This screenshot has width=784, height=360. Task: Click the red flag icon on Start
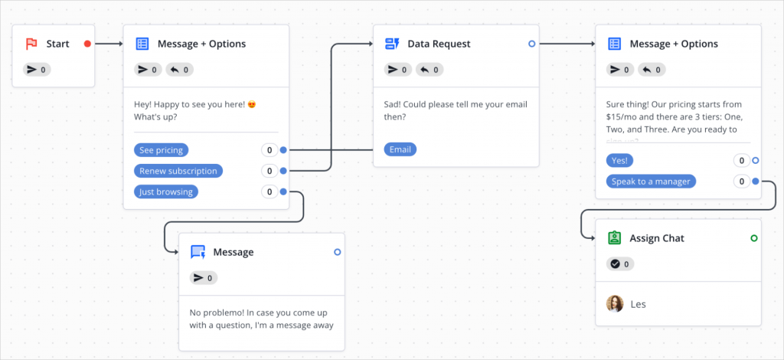(x=31, y=44)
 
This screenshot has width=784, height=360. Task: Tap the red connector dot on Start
(x=87, y=44)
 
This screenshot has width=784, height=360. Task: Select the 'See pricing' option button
(x=162, y=150)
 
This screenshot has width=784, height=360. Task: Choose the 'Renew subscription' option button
(x=178, y=171)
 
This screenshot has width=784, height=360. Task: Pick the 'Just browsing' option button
(x=166, y=191)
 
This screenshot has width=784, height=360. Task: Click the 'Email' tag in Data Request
(x=400, y=149)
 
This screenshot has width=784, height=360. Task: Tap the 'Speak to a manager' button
(x=651, y=182)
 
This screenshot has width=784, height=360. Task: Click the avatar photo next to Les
(x=615, y=304)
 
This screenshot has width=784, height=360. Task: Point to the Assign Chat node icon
(x=615, y=238)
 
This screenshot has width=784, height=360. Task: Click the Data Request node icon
(x=392, y=44)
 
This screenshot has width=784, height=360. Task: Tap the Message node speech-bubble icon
(x=198, y=252)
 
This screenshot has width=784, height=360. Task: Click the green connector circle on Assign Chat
(x=754, y=238)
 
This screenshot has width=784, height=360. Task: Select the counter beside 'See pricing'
(x=269, y=150)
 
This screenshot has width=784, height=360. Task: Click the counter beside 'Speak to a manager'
(x=741, y=182)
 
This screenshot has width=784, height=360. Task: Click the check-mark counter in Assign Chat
(x=620, y=264)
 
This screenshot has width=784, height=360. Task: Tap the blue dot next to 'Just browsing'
(x=283, y=191)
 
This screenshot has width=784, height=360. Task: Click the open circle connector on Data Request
(x=532, y=44)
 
